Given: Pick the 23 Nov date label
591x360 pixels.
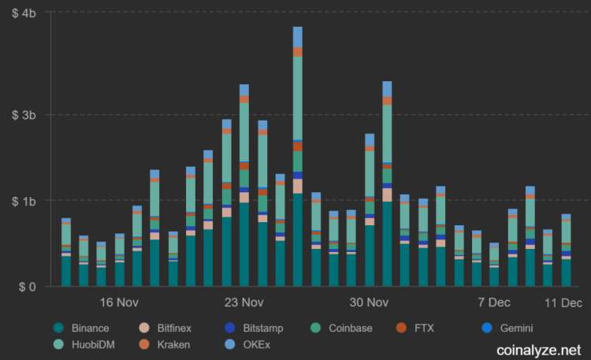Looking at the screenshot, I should click(243, 303).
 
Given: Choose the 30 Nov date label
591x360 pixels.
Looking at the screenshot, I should click(369, 303).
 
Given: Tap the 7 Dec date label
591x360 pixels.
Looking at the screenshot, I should click(493, 303).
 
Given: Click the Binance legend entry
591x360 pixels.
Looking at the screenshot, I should click(88, 328).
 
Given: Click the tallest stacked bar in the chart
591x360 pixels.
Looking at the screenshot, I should click(297, 158).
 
